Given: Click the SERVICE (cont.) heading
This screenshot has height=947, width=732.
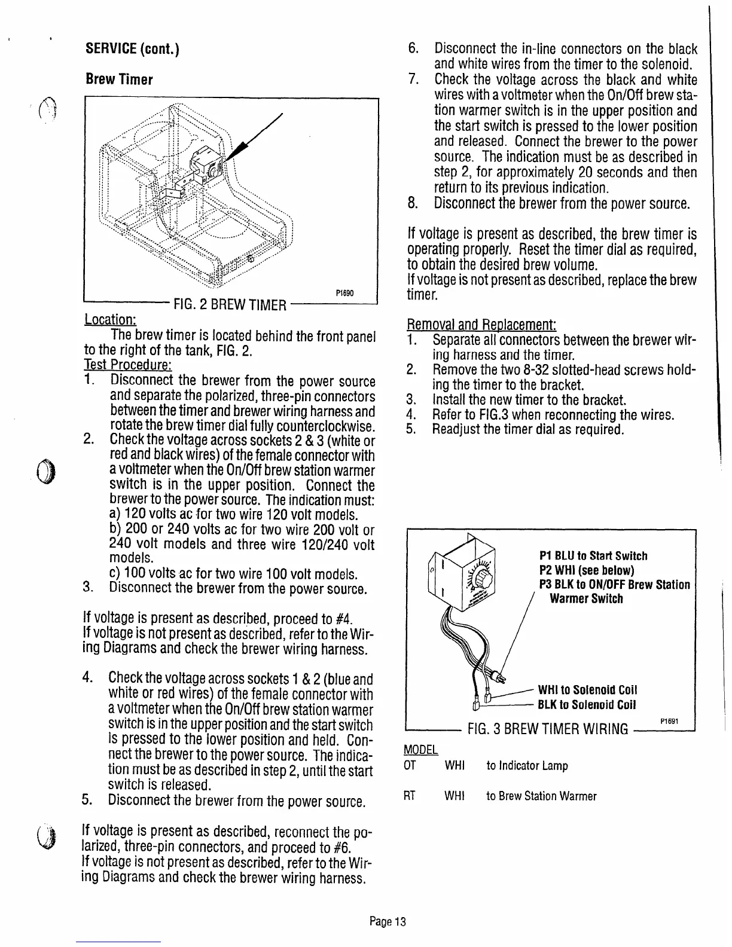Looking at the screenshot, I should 133,49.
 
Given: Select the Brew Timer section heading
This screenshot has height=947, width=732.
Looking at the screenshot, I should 119,80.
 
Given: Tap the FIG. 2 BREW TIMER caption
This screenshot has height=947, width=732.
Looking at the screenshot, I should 228,306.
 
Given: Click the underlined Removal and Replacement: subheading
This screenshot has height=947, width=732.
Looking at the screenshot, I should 481,326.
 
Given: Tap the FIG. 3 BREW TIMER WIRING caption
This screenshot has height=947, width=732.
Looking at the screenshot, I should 548,729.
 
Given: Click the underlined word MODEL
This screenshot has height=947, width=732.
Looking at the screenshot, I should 422,749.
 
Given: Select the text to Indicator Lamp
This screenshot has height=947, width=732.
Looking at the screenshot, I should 527,766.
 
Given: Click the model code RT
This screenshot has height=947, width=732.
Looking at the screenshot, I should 410,796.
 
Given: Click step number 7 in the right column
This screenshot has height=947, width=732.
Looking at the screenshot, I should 411,80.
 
